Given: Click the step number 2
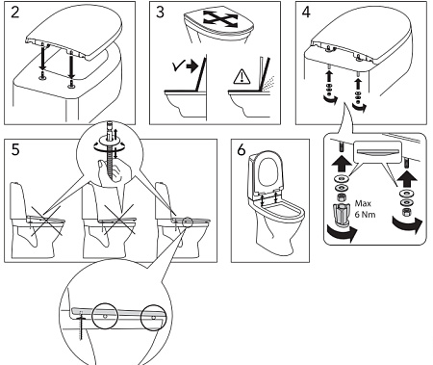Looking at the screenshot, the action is (15, 13).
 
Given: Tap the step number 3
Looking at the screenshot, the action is (160, 13).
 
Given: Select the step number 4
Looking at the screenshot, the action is (306, 13).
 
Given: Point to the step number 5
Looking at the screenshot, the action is (15, 149).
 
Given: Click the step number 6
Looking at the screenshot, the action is (242, 149).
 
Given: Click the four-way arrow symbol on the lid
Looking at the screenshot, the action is (220, 18).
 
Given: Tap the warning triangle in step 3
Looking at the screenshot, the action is (240, 77).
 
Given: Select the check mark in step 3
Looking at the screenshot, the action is (177, 66).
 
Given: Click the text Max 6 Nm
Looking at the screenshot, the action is (365, 209).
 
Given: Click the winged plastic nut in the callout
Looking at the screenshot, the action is (342, 214).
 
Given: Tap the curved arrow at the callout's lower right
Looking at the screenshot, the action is (408, 225).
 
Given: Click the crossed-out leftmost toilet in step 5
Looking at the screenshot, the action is (38, 222).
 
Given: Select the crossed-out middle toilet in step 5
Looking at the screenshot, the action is (109, 222).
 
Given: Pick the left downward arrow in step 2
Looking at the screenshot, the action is (42, 59).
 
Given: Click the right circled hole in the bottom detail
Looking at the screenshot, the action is (154, 318).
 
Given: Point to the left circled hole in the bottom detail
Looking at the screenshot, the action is (105, 316).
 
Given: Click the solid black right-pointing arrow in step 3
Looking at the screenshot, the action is (192, 66).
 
